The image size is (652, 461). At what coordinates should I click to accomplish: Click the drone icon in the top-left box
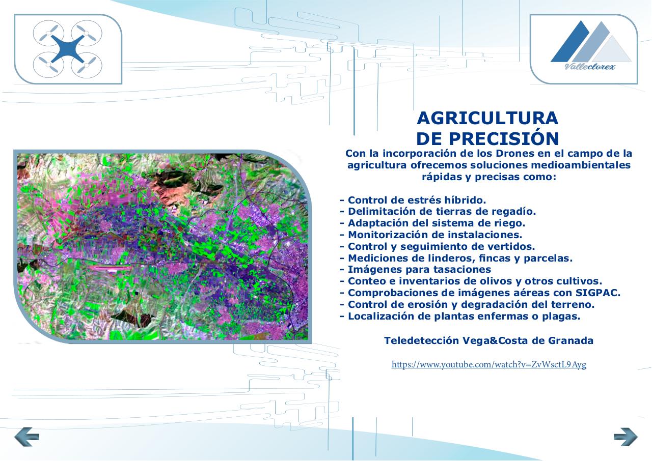68,49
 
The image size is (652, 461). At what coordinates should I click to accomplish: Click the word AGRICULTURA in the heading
487,118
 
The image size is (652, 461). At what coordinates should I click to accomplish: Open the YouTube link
488,364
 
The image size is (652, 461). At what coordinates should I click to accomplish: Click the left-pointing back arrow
26,437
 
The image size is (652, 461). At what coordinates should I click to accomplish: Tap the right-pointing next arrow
626,437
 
